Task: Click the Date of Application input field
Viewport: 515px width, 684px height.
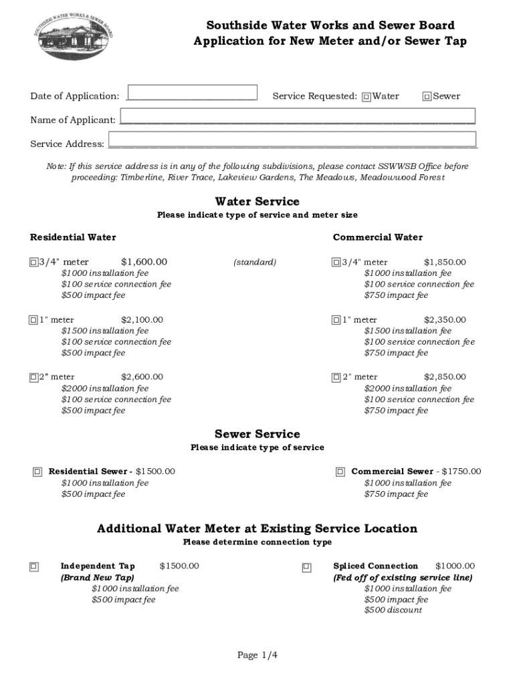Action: pyautogui.click(x=193, y=92)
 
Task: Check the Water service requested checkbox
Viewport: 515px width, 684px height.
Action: pyautogui.click(x=366, y=97)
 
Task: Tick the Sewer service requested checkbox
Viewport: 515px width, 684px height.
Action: pyautogui.click(x=427, y=97)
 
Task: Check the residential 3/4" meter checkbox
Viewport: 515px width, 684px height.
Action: pyautogui.click(x=33, y=263)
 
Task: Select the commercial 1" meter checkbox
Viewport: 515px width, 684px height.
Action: pyautogui.click(x=336, y=320)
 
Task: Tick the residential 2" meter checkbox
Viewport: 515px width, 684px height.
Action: pyautogui.click(x=33, y=377)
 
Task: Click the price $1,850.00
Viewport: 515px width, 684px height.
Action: pyautogui.click(x=445, y=263)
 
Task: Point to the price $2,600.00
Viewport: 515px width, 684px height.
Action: pyautogui.click(x=142, y=377)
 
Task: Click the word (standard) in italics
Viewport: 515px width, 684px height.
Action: pyautogui.click(x=254, y=263)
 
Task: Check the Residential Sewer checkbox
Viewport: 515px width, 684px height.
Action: pyautogui.click(x=37, y=472)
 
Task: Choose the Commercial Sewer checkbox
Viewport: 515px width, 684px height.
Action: pyautogui.click(x=340, y=472)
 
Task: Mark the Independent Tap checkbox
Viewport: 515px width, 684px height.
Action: pyautogui.click(x=33, y=567)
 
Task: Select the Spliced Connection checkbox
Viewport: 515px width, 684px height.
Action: pyautogui.click(x=306, y=567)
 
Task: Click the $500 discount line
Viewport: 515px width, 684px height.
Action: pyautogui.click(x=393, y=611)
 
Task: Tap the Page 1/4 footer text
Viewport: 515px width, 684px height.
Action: pyautogui.click(x=257, y=655)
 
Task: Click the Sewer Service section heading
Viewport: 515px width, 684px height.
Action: pyautogui.click(x=257, y=434)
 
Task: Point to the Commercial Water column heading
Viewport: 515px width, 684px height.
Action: pyautogui.click(x=378, y=237)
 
